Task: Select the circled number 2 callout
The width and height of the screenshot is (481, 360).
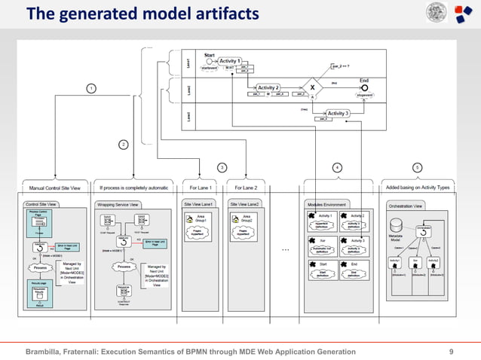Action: [124, 144]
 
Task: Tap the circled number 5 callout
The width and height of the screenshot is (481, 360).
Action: [417, 167]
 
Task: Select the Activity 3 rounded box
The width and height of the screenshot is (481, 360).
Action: [337, 113]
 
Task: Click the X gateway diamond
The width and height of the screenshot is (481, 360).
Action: [312, 87]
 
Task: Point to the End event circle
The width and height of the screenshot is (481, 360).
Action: [363, 87]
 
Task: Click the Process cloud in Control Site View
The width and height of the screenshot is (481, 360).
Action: [41, 267]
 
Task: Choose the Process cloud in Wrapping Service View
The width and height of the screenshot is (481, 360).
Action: [126, 267]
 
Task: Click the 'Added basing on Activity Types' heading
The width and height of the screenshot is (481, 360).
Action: [416, 187]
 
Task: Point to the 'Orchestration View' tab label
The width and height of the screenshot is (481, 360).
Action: [406, 205]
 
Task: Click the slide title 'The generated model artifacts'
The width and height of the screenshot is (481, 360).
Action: [143, 14]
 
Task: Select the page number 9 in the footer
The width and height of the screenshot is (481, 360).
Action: [451, 352]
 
